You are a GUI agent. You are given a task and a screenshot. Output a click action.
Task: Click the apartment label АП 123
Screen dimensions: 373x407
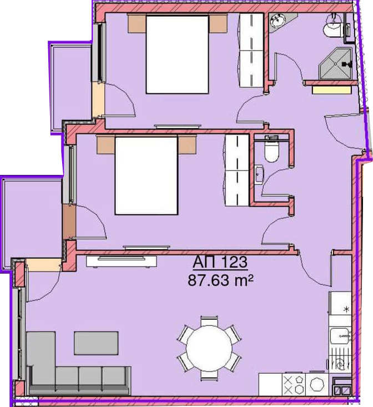(220, 262)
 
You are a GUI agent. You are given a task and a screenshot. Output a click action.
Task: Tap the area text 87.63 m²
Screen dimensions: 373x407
(220, 280)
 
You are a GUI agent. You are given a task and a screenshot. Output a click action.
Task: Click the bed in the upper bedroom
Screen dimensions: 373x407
(178, 54)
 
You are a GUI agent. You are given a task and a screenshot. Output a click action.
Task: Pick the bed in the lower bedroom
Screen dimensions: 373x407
(147, 175)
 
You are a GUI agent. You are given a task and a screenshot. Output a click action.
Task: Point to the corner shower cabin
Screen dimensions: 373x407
(335, 63)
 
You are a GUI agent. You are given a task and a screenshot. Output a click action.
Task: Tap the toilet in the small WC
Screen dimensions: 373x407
(271, 152)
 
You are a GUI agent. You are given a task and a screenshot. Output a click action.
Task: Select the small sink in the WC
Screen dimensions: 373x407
(259, 175)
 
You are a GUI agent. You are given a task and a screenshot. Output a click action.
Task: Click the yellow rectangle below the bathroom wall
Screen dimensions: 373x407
(332, 90)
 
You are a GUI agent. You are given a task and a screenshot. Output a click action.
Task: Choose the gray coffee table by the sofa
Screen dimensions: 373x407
(96, 343)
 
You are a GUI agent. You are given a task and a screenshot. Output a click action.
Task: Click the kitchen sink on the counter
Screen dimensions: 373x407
(340, 336)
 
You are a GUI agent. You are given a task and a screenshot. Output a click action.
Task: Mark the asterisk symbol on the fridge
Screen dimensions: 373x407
(346, 309)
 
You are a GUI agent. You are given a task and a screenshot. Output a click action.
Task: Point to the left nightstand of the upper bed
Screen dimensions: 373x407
(137, 24)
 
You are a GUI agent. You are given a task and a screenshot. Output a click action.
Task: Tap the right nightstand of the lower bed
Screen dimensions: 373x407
(186, 145)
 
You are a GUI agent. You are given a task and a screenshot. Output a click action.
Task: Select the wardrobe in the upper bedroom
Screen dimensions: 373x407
(251, 50)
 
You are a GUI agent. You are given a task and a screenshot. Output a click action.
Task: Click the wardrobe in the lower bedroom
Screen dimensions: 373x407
(237, 170)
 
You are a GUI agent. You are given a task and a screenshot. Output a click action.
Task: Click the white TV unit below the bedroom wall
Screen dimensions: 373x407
(122, 262)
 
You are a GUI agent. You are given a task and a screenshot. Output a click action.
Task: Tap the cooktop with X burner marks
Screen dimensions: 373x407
(294, 385)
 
